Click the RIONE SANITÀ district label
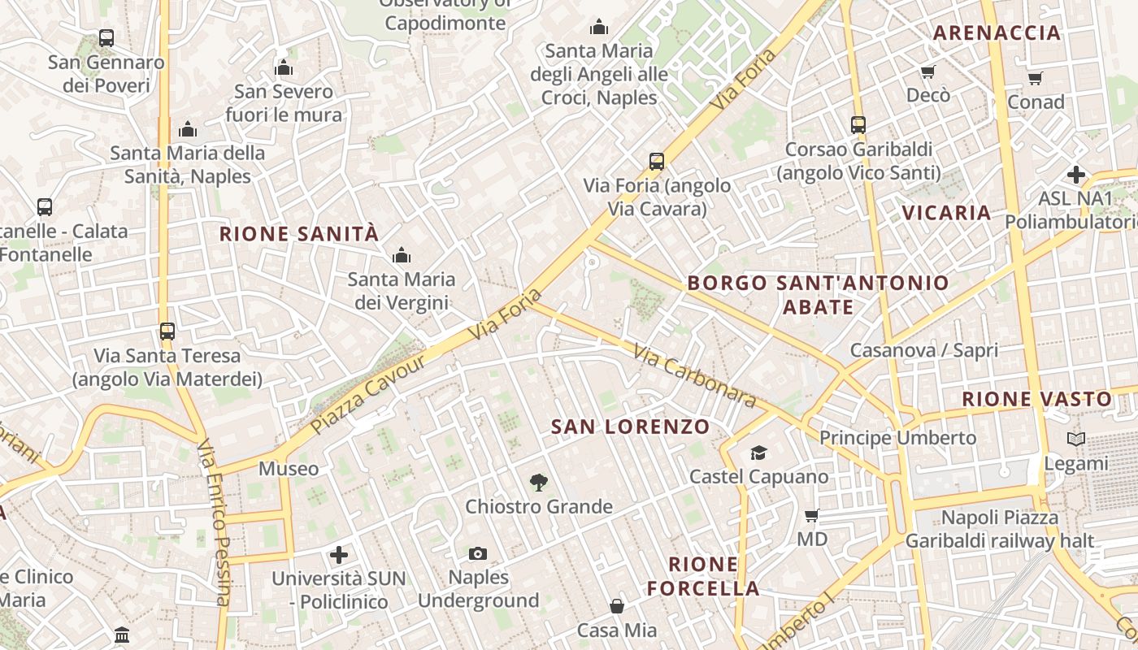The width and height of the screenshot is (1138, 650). (299, 234)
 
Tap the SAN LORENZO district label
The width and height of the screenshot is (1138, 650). (631, 427)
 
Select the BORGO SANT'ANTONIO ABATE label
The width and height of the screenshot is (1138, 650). (818, 294)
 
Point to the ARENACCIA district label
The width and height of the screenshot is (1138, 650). (997, 33)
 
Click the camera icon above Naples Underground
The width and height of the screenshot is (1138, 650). (478, 554)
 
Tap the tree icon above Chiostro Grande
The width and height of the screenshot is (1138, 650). (538, 483)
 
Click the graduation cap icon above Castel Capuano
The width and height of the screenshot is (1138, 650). (758, 453)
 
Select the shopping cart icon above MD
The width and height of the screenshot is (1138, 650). (811, 515)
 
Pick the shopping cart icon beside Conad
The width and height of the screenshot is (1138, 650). (1035, 78)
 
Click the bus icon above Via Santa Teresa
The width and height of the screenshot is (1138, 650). (167, 331)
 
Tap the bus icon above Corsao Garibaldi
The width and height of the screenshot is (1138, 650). (858, 125)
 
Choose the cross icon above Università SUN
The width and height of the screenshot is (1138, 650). (339, 555)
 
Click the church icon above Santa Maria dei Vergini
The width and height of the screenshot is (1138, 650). (402, 256)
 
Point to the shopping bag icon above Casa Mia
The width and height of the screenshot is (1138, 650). (617, 606)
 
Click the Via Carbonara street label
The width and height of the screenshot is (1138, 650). (695, 378)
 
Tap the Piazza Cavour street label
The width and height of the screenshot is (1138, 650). (368, 394)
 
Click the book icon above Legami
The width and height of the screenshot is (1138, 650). (1076, 440)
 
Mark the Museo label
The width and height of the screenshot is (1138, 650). (289, 469)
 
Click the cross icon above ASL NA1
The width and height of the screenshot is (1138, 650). (1076, 175)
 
